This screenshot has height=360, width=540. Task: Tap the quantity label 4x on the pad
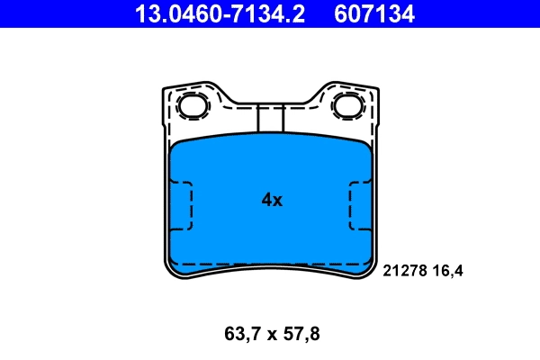272,201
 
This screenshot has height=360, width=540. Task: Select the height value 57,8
301,334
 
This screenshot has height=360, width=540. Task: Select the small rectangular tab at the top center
270,118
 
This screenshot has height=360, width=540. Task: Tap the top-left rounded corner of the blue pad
176,148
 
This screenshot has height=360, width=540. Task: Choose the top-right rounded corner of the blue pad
364,148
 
